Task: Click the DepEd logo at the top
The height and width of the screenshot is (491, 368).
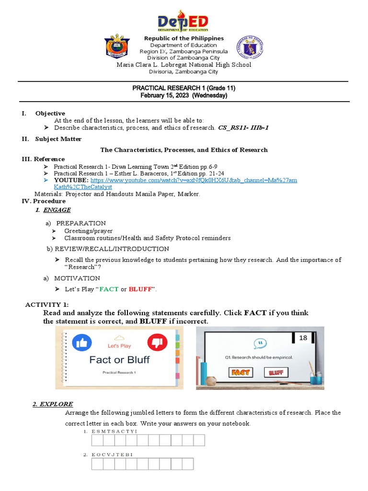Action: (184, 22)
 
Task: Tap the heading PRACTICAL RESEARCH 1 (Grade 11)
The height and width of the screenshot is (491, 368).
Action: (184, 88)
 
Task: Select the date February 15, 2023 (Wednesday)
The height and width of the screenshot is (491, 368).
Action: (184, 95)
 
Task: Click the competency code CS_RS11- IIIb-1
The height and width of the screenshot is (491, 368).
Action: (243, 128)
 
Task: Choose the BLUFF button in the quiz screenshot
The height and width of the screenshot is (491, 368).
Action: (276, 372)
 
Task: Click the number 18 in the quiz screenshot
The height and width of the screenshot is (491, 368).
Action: (303, 338)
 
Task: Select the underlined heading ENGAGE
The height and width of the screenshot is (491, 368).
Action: (57, 210)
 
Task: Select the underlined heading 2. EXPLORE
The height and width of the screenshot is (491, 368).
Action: (53, 404)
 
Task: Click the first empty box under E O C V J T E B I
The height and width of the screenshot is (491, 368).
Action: (97, 464)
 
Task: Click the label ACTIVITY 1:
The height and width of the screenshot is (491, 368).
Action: (46, 305)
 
